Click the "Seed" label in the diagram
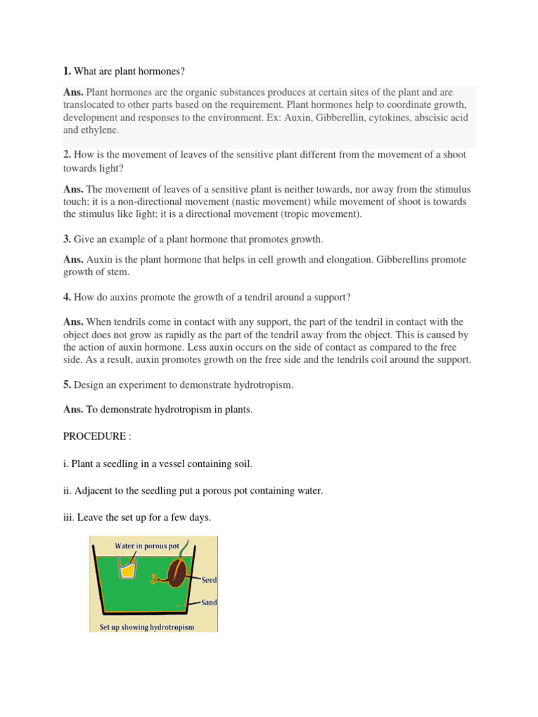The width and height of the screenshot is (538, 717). click(209, 580)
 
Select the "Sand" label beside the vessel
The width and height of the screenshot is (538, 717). click(209, 602)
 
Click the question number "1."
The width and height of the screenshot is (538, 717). click(67, 71)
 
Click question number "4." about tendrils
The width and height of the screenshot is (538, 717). click(67, 298)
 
